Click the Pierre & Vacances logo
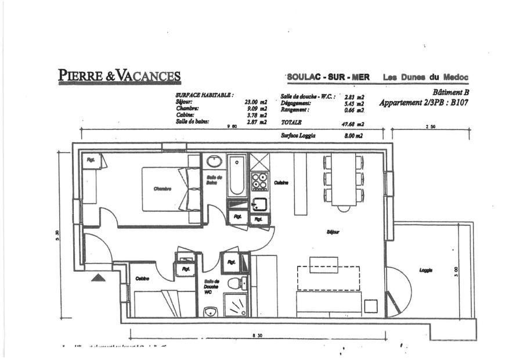pyautogui.click(x=119, y=75)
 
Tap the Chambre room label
pyautogui.click(x=163, y=189)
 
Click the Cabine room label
pyautogui.click(x=142, y=279)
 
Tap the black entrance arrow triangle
pyautogui.click(x=99, y=278)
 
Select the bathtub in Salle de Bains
pyautogui.click(x=236, y=176)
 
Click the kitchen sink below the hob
pyautogui.click(x=258, y=204)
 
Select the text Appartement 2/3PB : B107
pyautogui.click(x=424, y=103)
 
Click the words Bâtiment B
pyautogui.click(x=450, y=92)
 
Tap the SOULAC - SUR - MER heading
pyautogui.click(x=324, y=77)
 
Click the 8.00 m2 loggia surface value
pyautogui.click(x=353, y=135)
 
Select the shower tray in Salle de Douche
pyautogui.click(x=236, y=305)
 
